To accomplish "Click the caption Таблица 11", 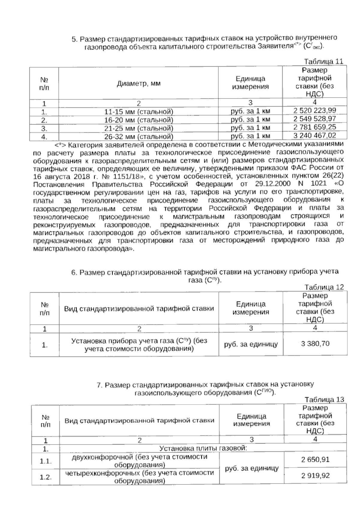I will pyautogui.click(x=323, y=62).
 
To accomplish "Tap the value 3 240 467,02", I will pyautogui.click(x=315, y=135).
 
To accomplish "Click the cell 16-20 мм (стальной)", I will pyautogui.click(x=139, y=120).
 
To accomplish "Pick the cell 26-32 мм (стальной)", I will pyautogui.click(x=139, y=137).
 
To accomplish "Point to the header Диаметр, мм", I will pyautogui.click(x=139, y=83).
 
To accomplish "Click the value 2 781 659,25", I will pyautogui.click(x=315, y=127).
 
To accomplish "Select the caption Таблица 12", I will pyautogui.click(x=324, y=287).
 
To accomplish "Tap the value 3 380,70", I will pyautogui.click(x=315, y=344).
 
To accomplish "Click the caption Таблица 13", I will pyautogui.click(x=324, y=400).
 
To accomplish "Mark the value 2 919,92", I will pyautogui.click(x=315, y=476).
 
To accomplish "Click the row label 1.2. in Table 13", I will pyautogui.click(x=46, y=477).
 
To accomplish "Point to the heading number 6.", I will pyautogui.click(x=74, y=273).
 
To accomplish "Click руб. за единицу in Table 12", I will pyautogui.click(x=251, y=344).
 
